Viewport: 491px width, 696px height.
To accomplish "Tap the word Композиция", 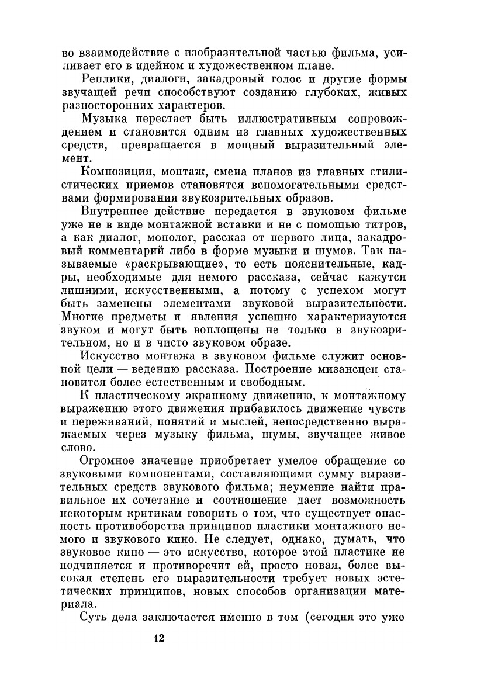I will [114, 171].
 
